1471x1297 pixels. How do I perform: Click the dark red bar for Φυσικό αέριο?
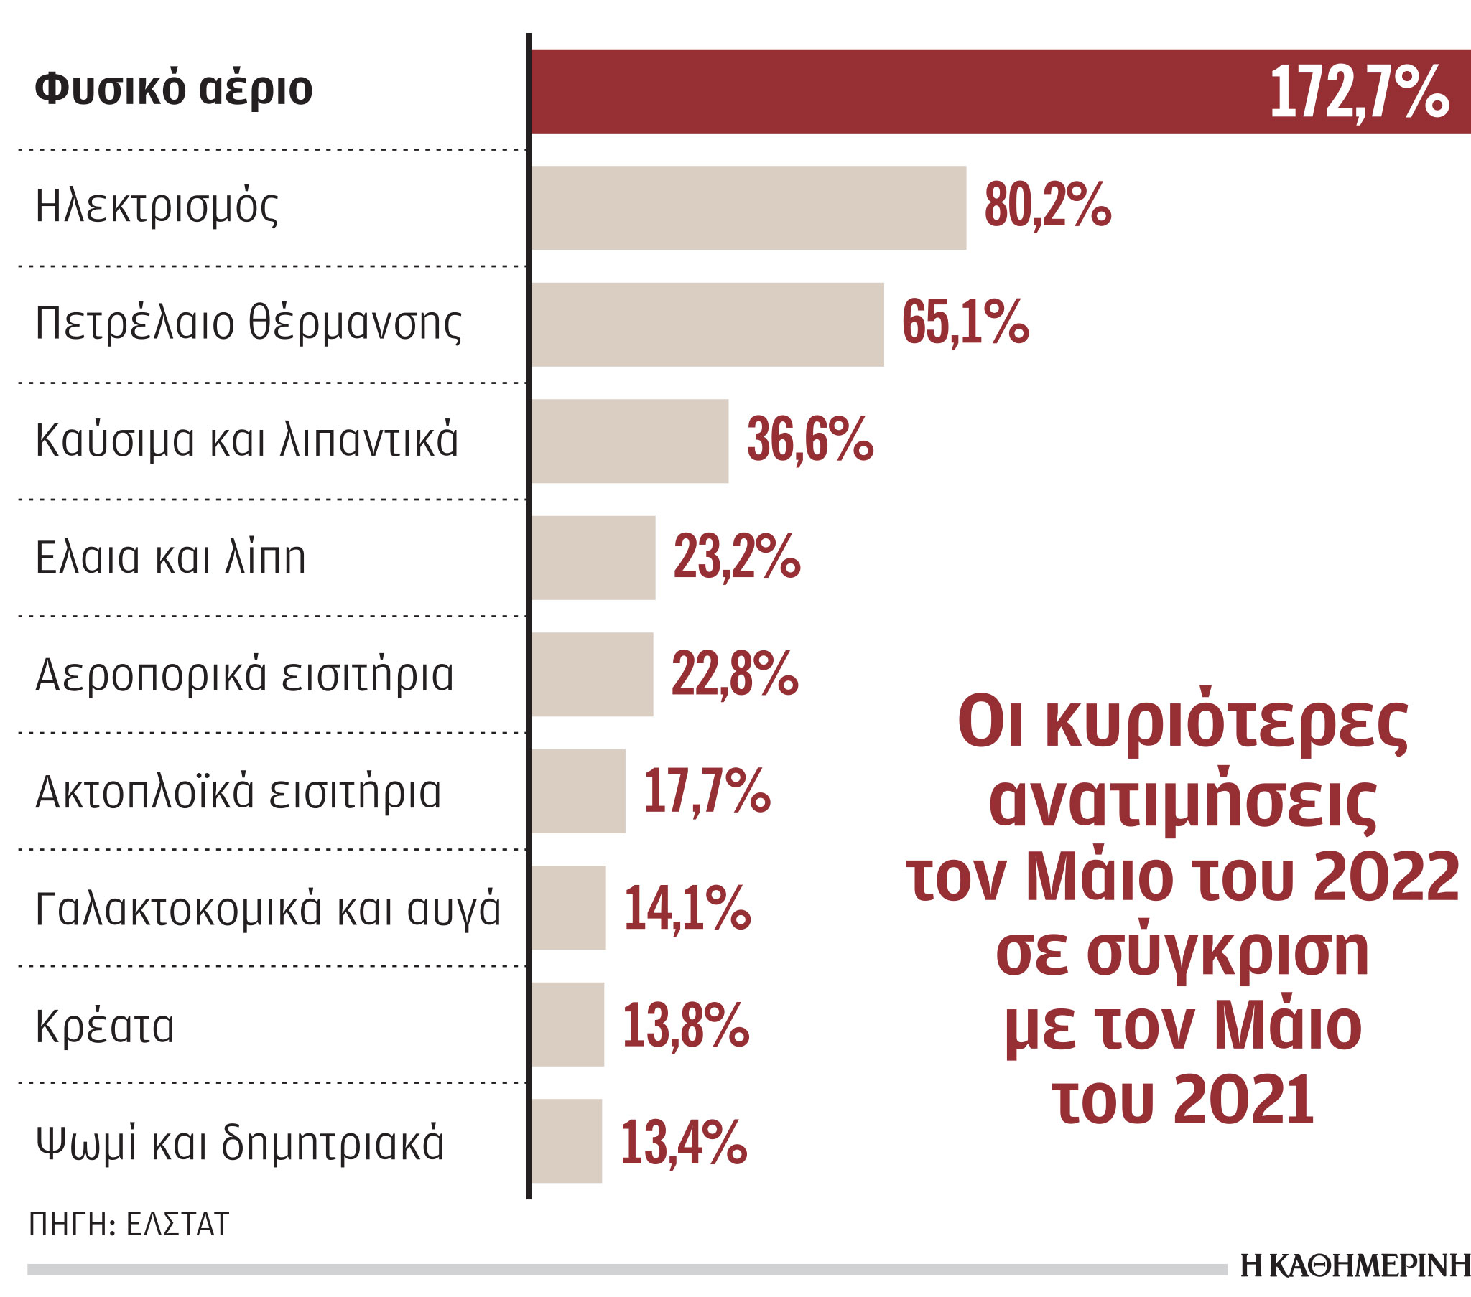[x=899, y=91]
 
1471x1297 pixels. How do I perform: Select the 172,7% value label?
[x=1359, y=92]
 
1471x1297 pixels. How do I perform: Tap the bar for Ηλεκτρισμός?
[x=748, y=208]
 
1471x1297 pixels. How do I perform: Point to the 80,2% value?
[x=1047, y=207]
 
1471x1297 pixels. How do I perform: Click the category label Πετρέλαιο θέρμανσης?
[x=249, y=324]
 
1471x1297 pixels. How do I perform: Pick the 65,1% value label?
[x=965, y=323]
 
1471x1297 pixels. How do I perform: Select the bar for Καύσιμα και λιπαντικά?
[x=630, y=441]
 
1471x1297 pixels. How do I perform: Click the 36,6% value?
[x=809, y=439]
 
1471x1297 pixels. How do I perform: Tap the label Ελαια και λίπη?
[x=170, y=558]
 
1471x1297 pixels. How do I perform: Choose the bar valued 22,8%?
[x=593, y=674]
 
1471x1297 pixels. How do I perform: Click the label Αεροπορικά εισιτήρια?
[x=245, y=675]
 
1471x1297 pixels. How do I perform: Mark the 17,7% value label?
[x=707, y=791]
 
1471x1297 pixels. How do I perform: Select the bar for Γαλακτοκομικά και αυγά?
[x=569, y=908]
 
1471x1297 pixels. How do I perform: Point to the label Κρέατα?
[x=105, y=1025]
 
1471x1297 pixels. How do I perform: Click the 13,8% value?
[x=685, y=1025]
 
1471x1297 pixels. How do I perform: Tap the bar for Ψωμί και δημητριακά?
[x=567, y=1141]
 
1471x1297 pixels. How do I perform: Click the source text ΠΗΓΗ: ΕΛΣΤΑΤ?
[x=129, y=1224]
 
